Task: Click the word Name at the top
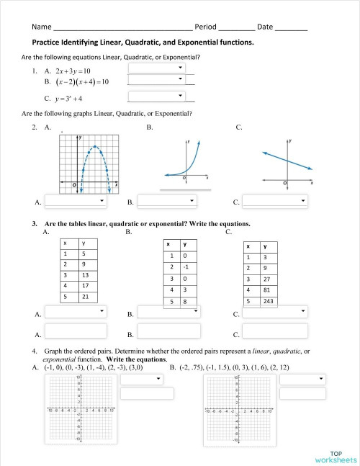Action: click(42, 27)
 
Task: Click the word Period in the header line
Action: click(205, 27)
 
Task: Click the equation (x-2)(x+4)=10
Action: click(75, 82)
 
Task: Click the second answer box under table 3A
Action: click(76, 333)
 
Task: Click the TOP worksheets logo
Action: click(335, 456)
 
